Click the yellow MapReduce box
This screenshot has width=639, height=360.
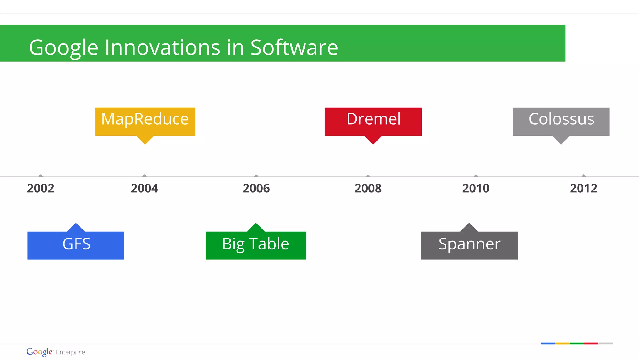point(145,121)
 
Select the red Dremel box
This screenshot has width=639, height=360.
point(373,121)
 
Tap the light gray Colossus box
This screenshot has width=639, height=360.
point(561,121)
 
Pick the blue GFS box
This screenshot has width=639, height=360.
point(76,245)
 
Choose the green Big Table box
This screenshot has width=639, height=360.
point(256,245)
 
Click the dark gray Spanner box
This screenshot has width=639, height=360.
point(469,245)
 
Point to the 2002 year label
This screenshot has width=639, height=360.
point(41,188)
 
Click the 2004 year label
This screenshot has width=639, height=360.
point(144,188)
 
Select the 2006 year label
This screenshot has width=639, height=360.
point(256,188)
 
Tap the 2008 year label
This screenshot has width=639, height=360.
point(368,188)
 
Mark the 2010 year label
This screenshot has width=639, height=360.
point(476,188)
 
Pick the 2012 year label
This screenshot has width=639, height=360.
point(583,188)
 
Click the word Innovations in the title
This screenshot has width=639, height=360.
point(163,47)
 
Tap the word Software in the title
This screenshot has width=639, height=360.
point(294,47)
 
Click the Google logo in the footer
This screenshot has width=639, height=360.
point(39,352)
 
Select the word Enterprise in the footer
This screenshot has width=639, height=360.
point(71,352)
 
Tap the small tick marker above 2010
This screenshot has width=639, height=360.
point(476,175)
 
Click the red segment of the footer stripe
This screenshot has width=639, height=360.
point(591,343)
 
